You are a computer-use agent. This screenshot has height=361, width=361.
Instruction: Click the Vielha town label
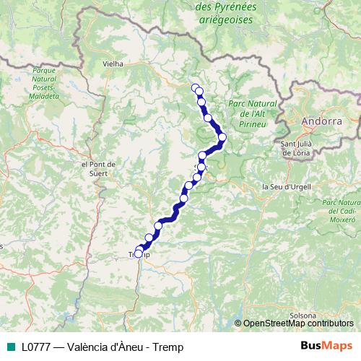pyautogui.click(x=113, y=64)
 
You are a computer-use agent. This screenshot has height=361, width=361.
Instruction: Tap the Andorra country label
pyautogui.click(x=322, y=121)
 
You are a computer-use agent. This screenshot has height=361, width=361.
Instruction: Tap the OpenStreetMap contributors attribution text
pyautogui.click(x=298, y=323)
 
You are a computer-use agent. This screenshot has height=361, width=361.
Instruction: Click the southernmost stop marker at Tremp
pyautogui.click(x=138, y=253)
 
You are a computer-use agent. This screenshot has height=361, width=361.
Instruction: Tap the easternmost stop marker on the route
pyautogui.click(x=222, y=137)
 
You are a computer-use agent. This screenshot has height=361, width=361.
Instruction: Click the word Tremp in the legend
pyautogui.click(x=169, y=347)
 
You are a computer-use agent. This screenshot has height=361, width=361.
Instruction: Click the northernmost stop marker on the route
pyautogui.click(x=194, y=87)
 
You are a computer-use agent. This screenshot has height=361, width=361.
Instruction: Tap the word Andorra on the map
pyautogui.click(x=322, y=121)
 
